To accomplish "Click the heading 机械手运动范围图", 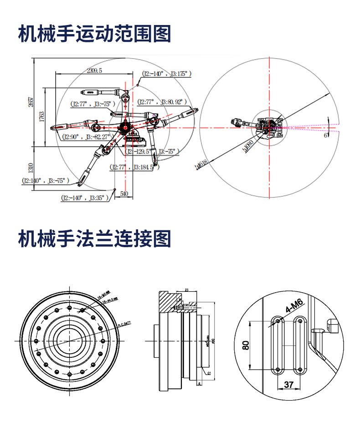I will tap(94, 34).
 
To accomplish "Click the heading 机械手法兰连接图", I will tap(94, 239).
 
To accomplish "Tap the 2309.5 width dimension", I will tap(94, 70).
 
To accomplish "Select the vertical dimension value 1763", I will tap(41, 117).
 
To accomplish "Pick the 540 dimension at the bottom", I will tap(123, 193).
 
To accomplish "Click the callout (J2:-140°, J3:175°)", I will tap(166, 73).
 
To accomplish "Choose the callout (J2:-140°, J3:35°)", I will tap(86, 198).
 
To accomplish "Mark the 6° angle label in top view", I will tap(325, 135).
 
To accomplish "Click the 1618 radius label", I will tap(201, 165).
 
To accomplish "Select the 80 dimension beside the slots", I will tap(246, 345).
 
